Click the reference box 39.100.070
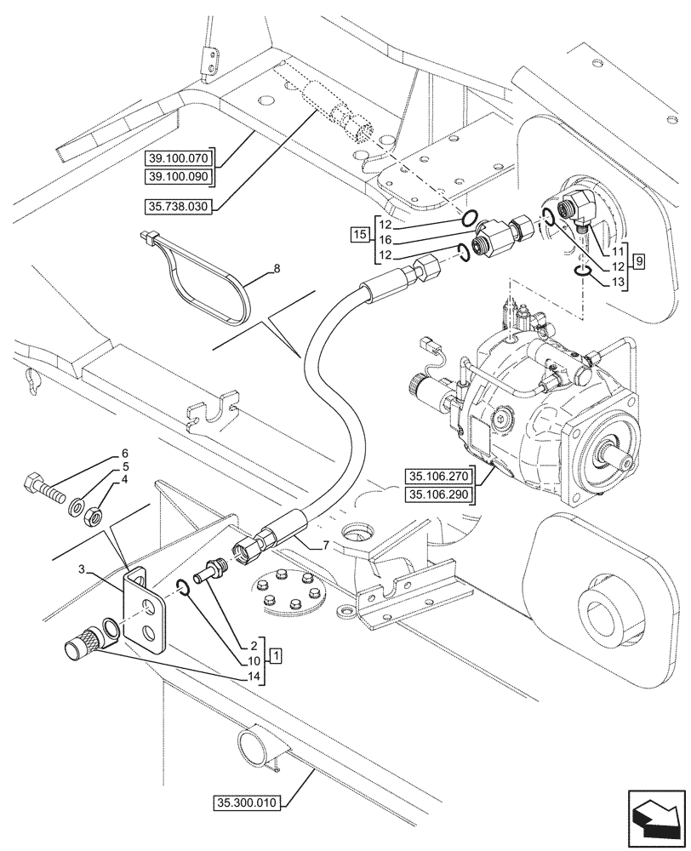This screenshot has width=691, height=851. [x=180, y=158]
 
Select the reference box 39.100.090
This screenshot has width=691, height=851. [x=180, y=176]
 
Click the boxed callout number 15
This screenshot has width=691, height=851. [x=359, y=232]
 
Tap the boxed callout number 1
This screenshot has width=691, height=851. [x=277, y=656]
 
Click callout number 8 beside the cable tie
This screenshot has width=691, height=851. [x=276, y=269]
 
